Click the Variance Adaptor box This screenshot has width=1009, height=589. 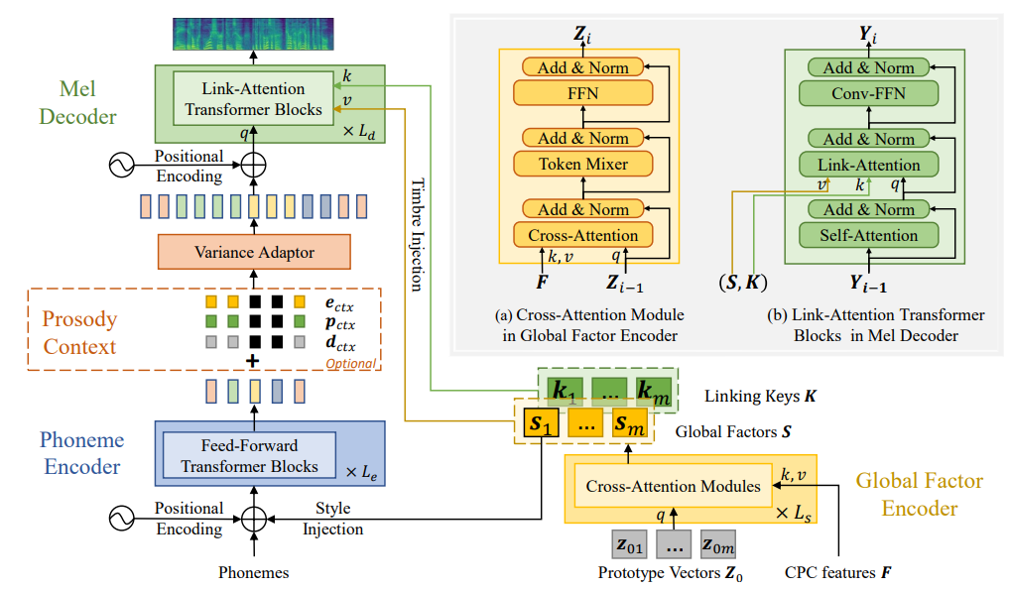pos(253,252)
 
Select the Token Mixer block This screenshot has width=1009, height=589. pos(583,164)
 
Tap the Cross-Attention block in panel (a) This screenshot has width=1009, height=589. pos(583,235)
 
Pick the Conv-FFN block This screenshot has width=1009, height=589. pos(868,94)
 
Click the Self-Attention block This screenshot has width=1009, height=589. pos(868,236)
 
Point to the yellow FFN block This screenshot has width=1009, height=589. pos(583,93)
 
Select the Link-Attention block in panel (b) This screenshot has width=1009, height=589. pos(868,166)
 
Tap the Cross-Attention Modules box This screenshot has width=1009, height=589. pos(674,486)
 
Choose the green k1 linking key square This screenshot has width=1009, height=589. pos(564,390)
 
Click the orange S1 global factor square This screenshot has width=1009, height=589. pos(542,425)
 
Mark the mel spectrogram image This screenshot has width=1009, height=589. pos(254,32)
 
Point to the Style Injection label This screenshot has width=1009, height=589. pos(332,519)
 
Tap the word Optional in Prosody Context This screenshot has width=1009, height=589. pos(351,364)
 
